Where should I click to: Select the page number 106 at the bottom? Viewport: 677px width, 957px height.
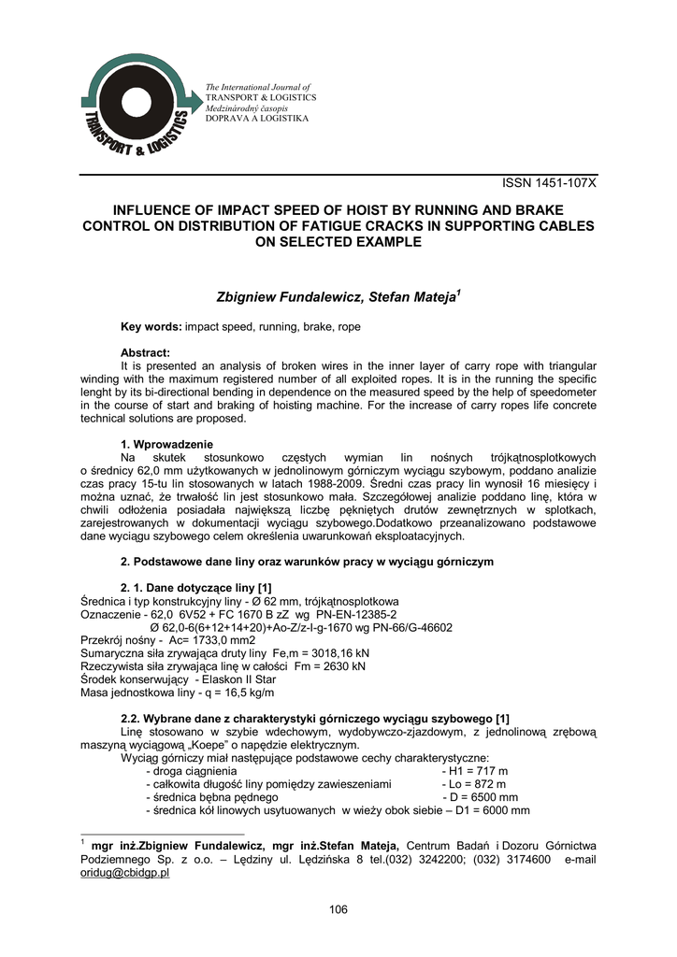338,910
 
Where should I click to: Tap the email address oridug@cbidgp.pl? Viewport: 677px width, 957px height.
125,872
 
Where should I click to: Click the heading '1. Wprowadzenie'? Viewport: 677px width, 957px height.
167,443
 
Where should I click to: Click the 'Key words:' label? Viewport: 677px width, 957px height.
151,326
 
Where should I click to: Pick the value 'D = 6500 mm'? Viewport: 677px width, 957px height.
480,797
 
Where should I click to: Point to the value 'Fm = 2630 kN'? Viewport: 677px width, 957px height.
333,666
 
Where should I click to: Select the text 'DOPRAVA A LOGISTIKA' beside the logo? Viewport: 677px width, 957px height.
256,119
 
